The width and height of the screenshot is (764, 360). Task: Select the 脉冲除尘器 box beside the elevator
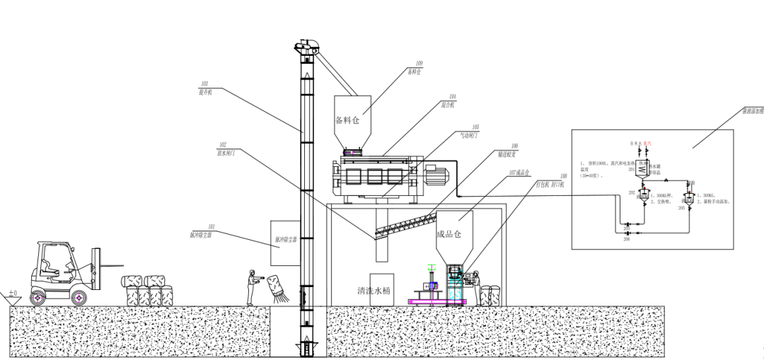tap(285, 240)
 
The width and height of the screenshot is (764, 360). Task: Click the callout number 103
tap(204, 84)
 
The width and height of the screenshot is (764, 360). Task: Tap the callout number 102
tap(222, 144)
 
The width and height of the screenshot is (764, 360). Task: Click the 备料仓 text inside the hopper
tap(347, 120)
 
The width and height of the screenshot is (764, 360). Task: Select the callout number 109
tap(419, 64)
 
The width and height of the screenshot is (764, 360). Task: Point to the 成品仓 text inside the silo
tap(448, 234)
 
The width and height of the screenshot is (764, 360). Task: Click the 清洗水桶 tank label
tap(381, 291)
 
